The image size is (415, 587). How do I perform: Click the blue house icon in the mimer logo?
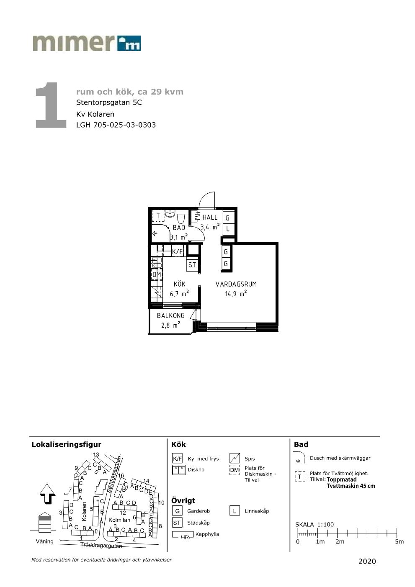(x=129, y=43)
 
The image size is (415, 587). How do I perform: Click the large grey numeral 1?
(x=51, y=105)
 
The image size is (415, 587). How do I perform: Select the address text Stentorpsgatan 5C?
(x=109, y=103)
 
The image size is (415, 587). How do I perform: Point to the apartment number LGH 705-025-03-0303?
(x=116, y=125)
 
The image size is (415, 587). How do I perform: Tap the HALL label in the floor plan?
(x=210, y=217)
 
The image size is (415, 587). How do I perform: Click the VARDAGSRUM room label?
(x=236, y=284)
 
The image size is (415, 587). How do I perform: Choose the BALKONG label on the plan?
(x=171, y=315)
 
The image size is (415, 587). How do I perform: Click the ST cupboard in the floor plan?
(x=192, y=265)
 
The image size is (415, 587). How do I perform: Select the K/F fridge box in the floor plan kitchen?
(x=177, y=252)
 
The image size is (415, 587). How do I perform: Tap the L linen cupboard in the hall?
(x=228, y=229)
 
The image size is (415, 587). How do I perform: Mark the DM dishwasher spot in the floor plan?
(x=157, y=274)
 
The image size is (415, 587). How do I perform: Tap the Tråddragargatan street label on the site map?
(x=101, y=546)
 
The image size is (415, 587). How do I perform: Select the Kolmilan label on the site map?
(x=119, y=520)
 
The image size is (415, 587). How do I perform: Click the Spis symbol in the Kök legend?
(x=235, y=458)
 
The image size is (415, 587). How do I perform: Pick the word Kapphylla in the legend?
(x=207, y=534)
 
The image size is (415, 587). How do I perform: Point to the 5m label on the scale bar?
(x=399, y=541)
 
